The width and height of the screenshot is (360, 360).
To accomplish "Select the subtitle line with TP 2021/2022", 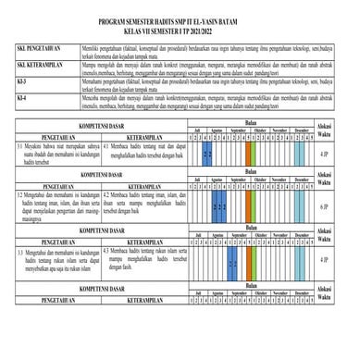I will coord(180,35).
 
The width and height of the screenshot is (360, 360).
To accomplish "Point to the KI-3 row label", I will coord(23,81).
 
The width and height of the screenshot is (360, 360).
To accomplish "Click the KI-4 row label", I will coord(23,96).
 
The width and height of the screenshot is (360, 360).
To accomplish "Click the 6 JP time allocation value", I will coord(322,205).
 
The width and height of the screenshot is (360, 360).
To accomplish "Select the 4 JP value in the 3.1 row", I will coord(322,153).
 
